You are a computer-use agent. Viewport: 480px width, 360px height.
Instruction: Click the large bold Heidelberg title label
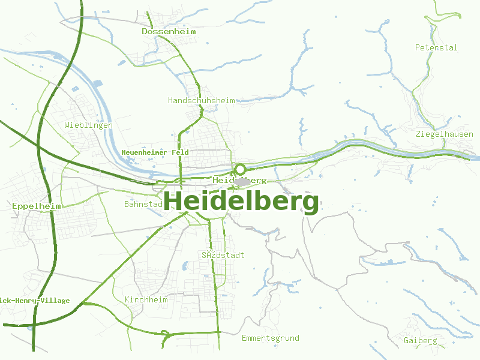pyautogui.click(x=241, y=202)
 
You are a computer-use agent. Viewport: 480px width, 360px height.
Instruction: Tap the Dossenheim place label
pyautogui.click(x=169, y=31)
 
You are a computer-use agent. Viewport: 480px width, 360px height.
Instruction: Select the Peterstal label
pyautogui.click(x=436, y=47)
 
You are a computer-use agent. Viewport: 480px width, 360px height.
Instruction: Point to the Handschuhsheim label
pyautogui.click(x=202, y=100)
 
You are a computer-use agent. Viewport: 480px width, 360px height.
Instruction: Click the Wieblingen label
pyautogui.click(x=88, y=125)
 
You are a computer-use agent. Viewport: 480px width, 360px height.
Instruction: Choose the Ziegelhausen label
pyautogui.click(x=444, y=134)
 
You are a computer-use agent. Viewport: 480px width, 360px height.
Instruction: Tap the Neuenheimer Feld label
pyautogui.click(x=155, y=152)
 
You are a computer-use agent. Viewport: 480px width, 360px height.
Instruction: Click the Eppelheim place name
pyautogui.click(x=37, y=206)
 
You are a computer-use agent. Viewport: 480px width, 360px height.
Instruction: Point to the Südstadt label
pyautogui.click(x=223, y=255)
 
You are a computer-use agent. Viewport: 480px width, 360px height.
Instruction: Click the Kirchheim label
pyautogui.click(x=146, y=299)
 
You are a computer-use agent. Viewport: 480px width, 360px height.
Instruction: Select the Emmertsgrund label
pyautogui.click(x=270, y=338)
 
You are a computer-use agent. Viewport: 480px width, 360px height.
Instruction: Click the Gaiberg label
pyautogui.click(x=420, y=340)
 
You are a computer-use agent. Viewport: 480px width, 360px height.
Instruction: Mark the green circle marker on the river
pyautogui.click(x=240, y=169)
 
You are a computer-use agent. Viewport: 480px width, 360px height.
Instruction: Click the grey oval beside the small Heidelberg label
pyautogui.click(x=242, y=181)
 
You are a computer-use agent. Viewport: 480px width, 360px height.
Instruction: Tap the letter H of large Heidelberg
pyautogui.click(x=173, y=202)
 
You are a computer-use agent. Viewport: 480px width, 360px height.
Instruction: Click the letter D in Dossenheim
pyautogui.click(x=145, y=31)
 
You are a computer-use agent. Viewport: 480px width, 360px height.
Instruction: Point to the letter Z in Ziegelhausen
pyautogui.click(x=418, y=134)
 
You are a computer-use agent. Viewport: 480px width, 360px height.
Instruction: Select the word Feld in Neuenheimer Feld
pyautogui.click(x=179, y=152)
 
